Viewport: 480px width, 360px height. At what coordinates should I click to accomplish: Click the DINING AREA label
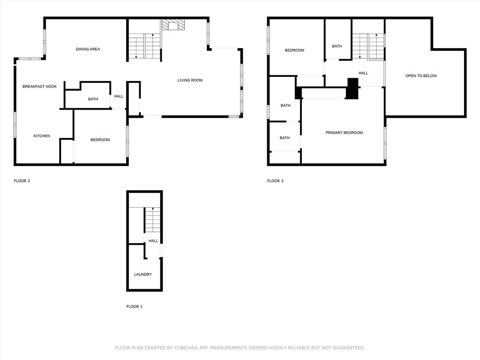click(x=88, y=49)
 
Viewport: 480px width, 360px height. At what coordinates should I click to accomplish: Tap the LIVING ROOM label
click(x=190, y=80)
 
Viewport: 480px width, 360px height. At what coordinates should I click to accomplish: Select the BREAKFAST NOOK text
click(x=39, y=87)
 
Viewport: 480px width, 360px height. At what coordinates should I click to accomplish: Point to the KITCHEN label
click(x=42, y=136)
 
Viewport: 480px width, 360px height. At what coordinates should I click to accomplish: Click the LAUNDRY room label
click(x=143, y=274)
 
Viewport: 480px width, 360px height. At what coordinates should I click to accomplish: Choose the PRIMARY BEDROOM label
click(x=344, y=133)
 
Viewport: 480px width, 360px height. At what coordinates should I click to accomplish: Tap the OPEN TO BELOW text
click(x=421, y=76)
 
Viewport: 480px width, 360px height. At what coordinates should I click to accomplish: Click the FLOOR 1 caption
click(x=135, y=307)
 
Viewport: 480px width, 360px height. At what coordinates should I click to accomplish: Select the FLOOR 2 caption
click(x=22, y=181)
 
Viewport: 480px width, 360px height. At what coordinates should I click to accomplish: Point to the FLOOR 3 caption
click(x=275, y=181)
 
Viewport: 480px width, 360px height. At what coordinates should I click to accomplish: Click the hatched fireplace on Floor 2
click(x=173, y=25)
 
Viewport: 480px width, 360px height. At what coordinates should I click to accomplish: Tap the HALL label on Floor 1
click(x=153, y=241)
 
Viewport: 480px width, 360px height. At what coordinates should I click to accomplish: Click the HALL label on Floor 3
click(x=363, y=73)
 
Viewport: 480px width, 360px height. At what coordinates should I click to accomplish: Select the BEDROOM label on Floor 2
click(x=100, y=140)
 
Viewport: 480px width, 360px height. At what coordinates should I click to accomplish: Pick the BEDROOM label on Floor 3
click(x=294, y=50)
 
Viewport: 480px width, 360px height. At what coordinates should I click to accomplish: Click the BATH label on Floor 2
click(x=93, y=99)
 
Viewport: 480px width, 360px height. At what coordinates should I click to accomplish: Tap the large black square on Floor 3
click(x=352, y=89)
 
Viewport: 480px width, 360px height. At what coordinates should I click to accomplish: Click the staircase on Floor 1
click(x=152, y=220)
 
